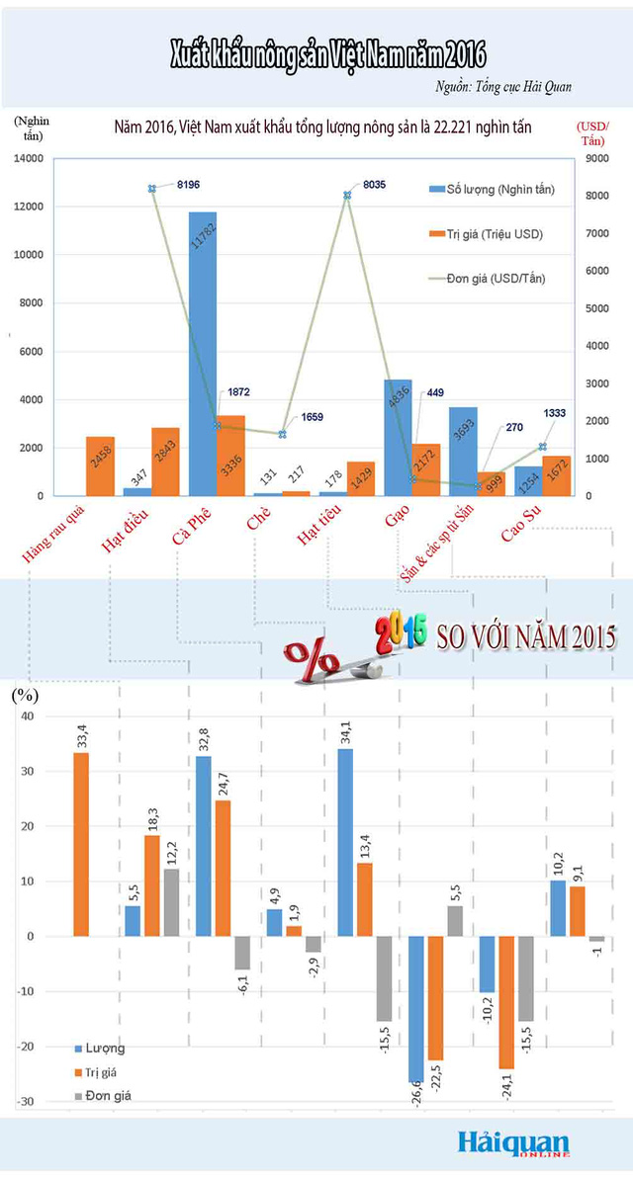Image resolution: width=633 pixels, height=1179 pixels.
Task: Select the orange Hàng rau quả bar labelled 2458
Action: click(101, 466)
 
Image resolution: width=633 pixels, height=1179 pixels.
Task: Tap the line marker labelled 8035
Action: click(347, 195)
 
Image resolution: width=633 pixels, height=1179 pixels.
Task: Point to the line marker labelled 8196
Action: click(152, 189)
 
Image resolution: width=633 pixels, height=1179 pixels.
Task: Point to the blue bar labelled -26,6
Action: click(415, 1008)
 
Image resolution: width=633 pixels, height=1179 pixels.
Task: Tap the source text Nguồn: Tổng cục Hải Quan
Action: click(502, 87)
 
